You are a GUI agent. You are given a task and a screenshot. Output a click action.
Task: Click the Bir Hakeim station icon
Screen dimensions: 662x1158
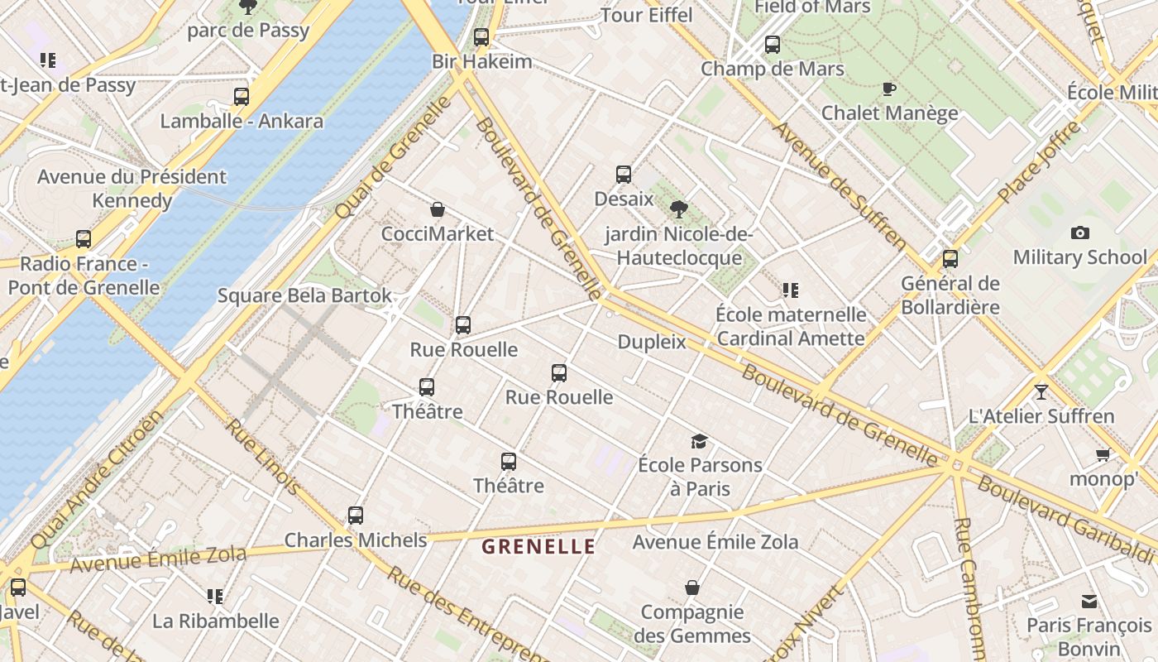click(481, 37)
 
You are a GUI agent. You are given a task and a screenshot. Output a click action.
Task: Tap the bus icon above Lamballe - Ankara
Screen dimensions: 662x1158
click(242, 97)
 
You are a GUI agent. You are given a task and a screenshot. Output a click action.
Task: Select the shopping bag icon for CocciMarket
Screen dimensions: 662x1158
click(438, 210)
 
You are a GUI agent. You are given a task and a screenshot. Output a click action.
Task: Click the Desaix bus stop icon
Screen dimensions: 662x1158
click(624, 175)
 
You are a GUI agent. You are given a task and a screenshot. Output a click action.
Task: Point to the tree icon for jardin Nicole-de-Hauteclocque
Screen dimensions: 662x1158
click(679, 209)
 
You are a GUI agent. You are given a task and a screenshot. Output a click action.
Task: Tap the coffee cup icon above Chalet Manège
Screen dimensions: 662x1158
click(889, 89)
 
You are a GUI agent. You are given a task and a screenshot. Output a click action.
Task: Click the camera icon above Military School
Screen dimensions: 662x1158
click(1079, 233)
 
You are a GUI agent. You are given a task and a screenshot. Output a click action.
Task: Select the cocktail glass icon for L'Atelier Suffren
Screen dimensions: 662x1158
click(1041, 391)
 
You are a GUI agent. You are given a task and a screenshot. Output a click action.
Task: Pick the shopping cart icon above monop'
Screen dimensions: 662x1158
click(1103, 455)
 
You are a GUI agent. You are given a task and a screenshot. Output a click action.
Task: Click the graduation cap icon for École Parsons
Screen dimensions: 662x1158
click(700, 441)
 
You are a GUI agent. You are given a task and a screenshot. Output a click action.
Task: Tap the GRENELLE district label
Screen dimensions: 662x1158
click(538, 547)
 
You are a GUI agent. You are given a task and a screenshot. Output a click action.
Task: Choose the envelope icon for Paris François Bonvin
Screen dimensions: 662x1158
click(1089, 602)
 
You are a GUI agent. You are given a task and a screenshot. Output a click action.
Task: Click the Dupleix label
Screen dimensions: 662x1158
click(652, 342)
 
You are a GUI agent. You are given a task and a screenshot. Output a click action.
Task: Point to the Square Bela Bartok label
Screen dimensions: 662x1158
click(304, 295)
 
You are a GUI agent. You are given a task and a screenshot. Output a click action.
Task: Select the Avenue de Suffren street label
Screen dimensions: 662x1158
click(839, 185)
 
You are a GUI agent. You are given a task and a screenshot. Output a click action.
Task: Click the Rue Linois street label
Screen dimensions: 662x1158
click(264, 457)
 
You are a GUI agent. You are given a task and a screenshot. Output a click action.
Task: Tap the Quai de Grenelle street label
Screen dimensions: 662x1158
click(395, 157)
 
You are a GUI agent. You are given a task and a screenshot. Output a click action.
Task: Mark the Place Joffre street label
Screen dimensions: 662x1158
click(1039, 162)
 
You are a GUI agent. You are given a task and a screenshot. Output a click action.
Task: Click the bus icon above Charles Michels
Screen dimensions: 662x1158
click(356, 516)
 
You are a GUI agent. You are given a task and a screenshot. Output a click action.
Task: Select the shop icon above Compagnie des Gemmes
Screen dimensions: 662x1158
click(692, 588)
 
